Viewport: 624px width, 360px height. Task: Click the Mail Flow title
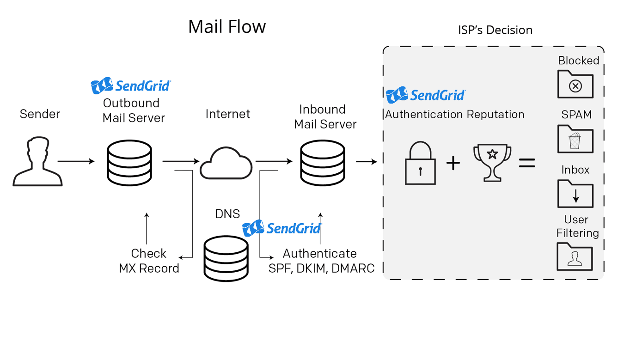click(226, 27)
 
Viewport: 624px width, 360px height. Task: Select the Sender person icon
click(37, 162)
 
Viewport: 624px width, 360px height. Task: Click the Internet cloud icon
click(226, 164)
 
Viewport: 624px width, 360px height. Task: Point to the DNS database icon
click(226, 258)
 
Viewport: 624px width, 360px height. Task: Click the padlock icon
click(420, 164)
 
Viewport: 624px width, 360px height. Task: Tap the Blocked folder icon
click(575, 84)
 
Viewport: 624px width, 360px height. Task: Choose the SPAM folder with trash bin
click(575, 139)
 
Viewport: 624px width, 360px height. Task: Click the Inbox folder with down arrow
click(575, 194)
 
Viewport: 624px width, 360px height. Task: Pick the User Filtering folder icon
click(575, 256)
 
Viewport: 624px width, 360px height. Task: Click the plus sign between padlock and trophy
click(453, 163)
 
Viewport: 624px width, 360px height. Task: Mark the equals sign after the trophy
click(527, 163)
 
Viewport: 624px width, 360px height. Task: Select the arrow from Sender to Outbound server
click(76, 161)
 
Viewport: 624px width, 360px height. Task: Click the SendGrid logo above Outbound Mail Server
click(131, 85)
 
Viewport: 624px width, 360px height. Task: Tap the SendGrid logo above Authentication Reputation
click(426, 95)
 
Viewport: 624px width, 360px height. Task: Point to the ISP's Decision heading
click(495, 30)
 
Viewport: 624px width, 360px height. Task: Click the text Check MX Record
click(149, 261)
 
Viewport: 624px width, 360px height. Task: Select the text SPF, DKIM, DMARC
click(321, 268)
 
